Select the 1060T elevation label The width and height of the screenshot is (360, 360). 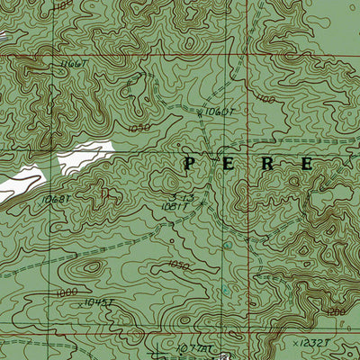220,112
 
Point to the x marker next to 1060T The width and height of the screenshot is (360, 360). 202,112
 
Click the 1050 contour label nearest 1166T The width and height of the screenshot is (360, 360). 139,129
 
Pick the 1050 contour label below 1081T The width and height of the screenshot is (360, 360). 179,265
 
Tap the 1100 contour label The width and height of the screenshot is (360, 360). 265,100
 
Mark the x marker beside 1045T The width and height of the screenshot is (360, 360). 80,304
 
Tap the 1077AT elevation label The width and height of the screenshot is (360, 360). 194,347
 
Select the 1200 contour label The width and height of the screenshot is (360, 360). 337,310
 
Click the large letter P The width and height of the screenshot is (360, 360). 190,163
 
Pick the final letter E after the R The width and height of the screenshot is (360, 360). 306,164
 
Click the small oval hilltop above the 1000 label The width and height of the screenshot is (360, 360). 91,267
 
